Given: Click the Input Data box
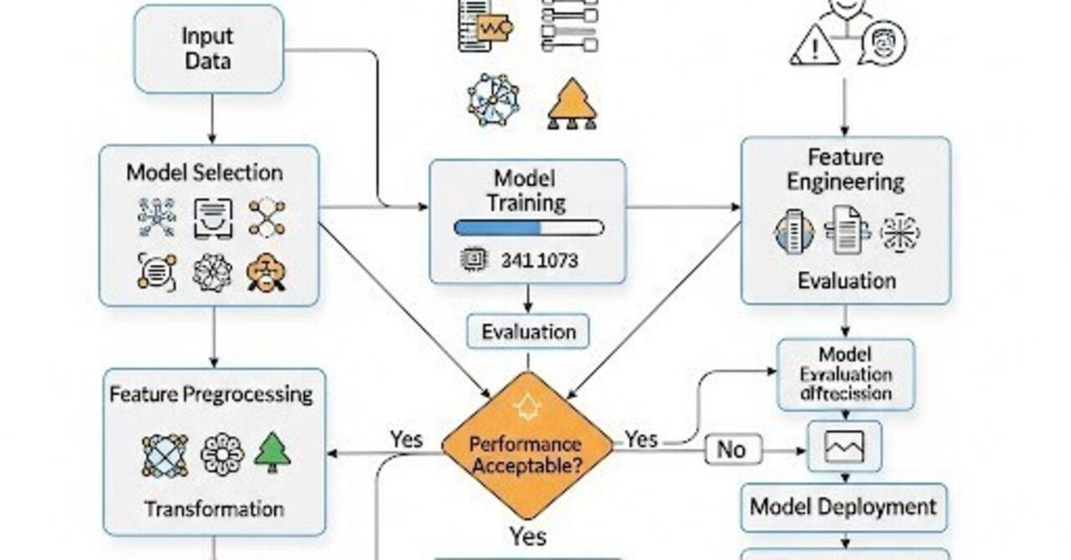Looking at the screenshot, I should click(208, 50).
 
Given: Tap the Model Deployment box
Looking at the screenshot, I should click(843, 507).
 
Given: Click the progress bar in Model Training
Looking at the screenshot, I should click(528, 227).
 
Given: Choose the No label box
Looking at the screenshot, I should click(730, 449).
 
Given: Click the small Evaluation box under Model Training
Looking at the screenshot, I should click(528, 332).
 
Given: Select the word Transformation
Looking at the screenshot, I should click(214, 509).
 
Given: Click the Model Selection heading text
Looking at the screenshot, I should click(204, 172).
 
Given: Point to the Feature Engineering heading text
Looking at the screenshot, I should click(844, 169).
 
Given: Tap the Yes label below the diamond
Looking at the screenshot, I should click(527, 536).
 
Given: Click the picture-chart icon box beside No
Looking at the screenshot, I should click(843, 446).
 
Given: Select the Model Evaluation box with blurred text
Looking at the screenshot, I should click(845, 375).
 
